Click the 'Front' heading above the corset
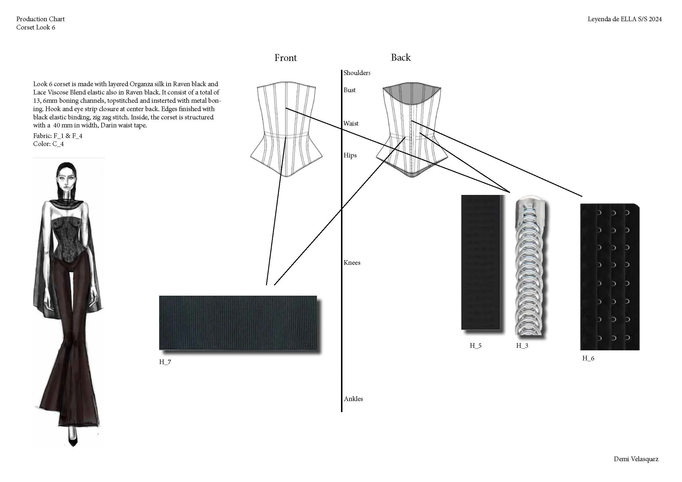285,58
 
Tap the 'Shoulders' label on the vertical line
356,73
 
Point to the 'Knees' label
352,262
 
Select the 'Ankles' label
353,399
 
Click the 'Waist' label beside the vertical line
351,124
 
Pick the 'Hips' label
350,155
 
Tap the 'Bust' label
349,90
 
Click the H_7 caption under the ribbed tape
165,362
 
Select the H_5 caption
475,345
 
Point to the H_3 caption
522,345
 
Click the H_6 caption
588,358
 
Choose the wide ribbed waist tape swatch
238,323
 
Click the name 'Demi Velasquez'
636,459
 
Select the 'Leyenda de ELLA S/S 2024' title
624,19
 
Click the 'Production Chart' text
40,19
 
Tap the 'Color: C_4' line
48,144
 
